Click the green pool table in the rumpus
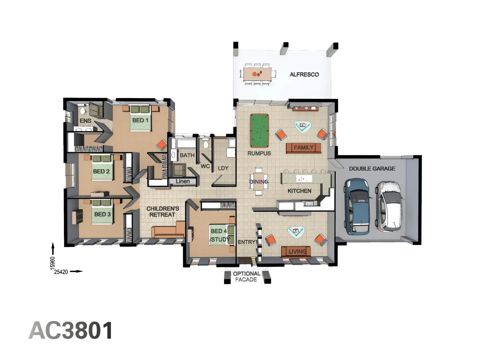[259, 131]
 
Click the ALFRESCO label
[304, 75]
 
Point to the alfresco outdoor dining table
[258, 74]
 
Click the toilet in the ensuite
[82, 110]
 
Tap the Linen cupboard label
[183, 181]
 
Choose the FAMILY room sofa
[304, 148]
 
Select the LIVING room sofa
[296, 251]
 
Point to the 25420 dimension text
[61, 272]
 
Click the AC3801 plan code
[71, 330]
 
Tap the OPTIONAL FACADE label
[246, 277]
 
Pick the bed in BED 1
[140, 118]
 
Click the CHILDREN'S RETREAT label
[162, 212]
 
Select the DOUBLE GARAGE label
[372, 169]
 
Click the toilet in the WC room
[206, 143]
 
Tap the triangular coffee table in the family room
[303, 126]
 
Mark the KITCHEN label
[299, 191]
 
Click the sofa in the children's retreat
[168, 230]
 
